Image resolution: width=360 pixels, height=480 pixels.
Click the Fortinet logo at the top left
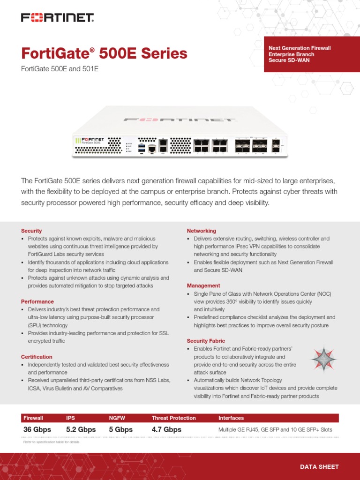pyautogui.click(x=57, y=18)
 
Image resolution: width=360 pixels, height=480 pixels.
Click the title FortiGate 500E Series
pyautogui.click(x=104, y=53)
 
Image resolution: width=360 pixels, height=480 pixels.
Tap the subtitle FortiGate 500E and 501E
pyautogui.click(x=60, y=69)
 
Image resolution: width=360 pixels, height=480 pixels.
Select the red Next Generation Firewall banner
pyautogui.click(x=311, y=54)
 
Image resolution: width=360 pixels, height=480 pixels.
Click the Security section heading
pyautogui.click(x=31, y=231)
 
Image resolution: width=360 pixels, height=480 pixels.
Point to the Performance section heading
pyautogui.click(x=37, y=301)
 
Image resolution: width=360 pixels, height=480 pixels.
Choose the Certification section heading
pyautogui.click(x=37, y=357)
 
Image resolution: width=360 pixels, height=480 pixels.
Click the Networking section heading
pyautogui.click(x=202, y=231)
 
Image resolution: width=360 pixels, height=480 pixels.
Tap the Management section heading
pyautogui.click(x=203, y=285)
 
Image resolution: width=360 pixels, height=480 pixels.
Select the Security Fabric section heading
pyautogui.click(x=206, y=341)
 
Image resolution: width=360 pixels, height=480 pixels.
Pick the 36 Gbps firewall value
pyautogui.click(x=37, y=429)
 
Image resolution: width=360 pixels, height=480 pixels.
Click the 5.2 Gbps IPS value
pyautogui.click(x=81, y=429)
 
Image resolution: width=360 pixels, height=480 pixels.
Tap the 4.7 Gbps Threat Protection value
pyautogui.click(x=166, y=429)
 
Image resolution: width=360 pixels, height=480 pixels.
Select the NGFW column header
pyautogui.click(x=117, y=418)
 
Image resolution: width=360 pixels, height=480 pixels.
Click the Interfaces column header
pyautogui.click(x=231, y=418)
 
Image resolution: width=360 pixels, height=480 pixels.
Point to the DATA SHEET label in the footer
pyautogui.click(x=319, y=467)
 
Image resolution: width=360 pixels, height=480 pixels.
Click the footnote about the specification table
pyautogui.click(x=52, y=442)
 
